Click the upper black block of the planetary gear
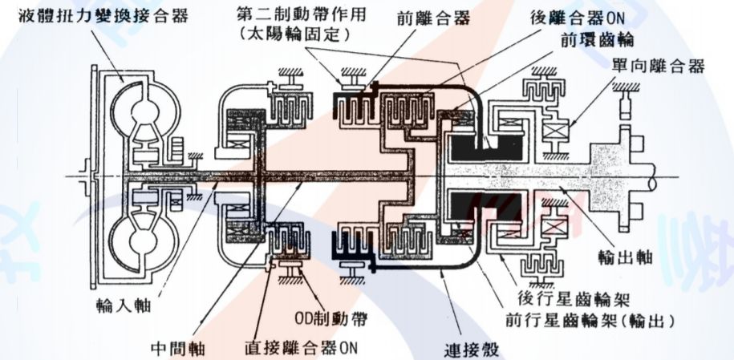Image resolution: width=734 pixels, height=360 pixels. (x=480, y=148)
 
